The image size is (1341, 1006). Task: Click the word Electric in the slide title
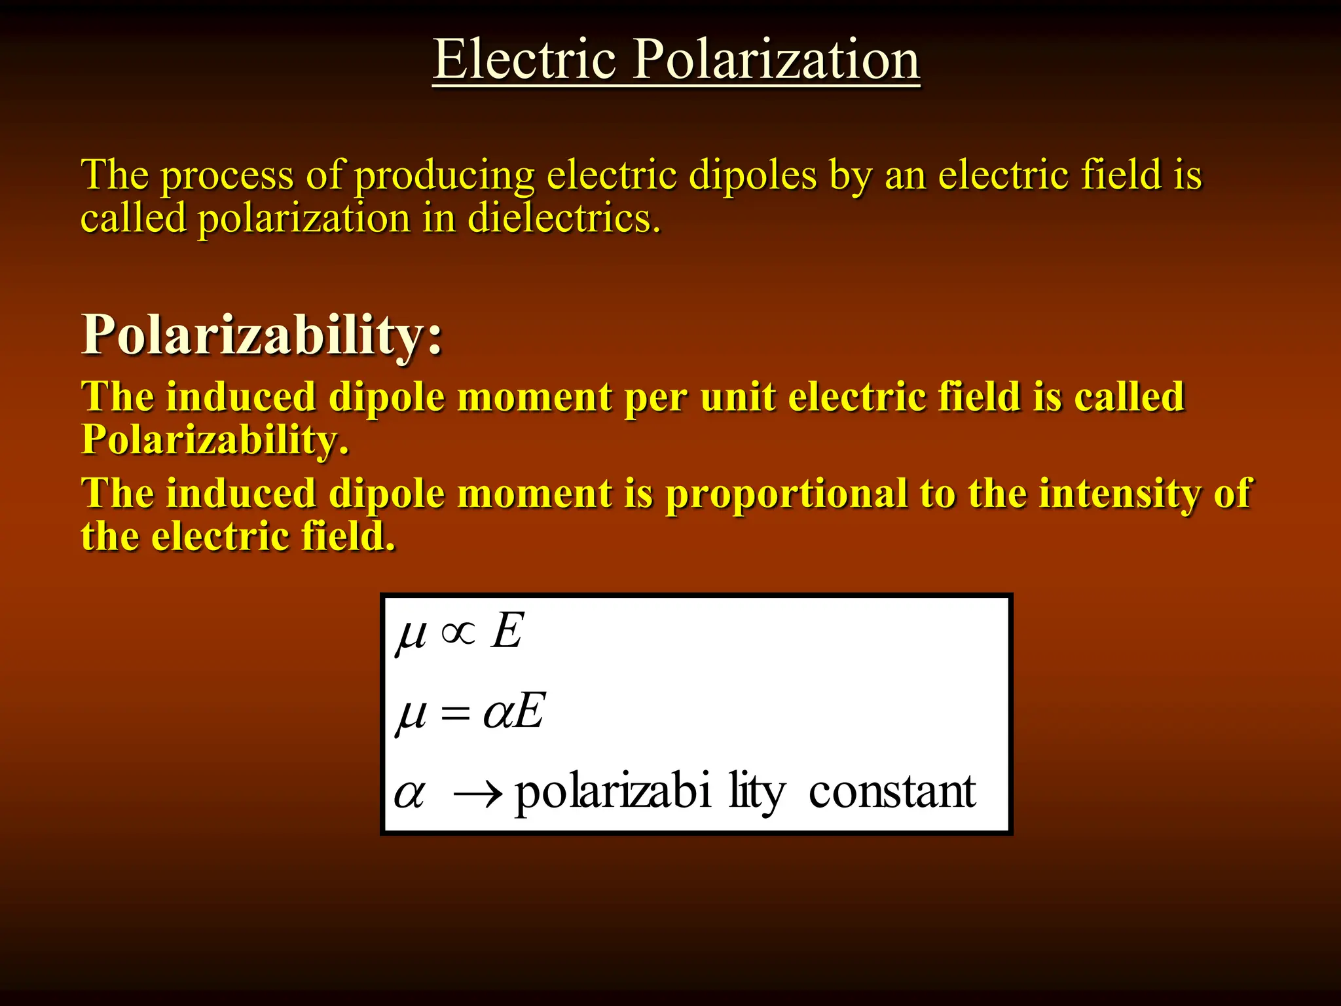coord(524,60)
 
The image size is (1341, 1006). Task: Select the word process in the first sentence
coord(227,176)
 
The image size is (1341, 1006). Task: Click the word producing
coord(445,176)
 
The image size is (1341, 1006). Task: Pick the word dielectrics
coord(564,218)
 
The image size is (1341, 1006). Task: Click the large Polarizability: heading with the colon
coord(261,335)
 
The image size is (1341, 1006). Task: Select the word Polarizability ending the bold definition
coord(214,440)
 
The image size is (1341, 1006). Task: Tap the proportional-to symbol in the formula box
coord(458,633)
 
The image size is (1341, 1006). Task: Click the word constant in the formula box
coord(892,792)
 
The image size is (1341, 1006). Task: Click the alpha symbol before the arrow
coord(410,794)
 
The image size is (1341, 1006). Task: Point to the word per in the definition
coord(655,398)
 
